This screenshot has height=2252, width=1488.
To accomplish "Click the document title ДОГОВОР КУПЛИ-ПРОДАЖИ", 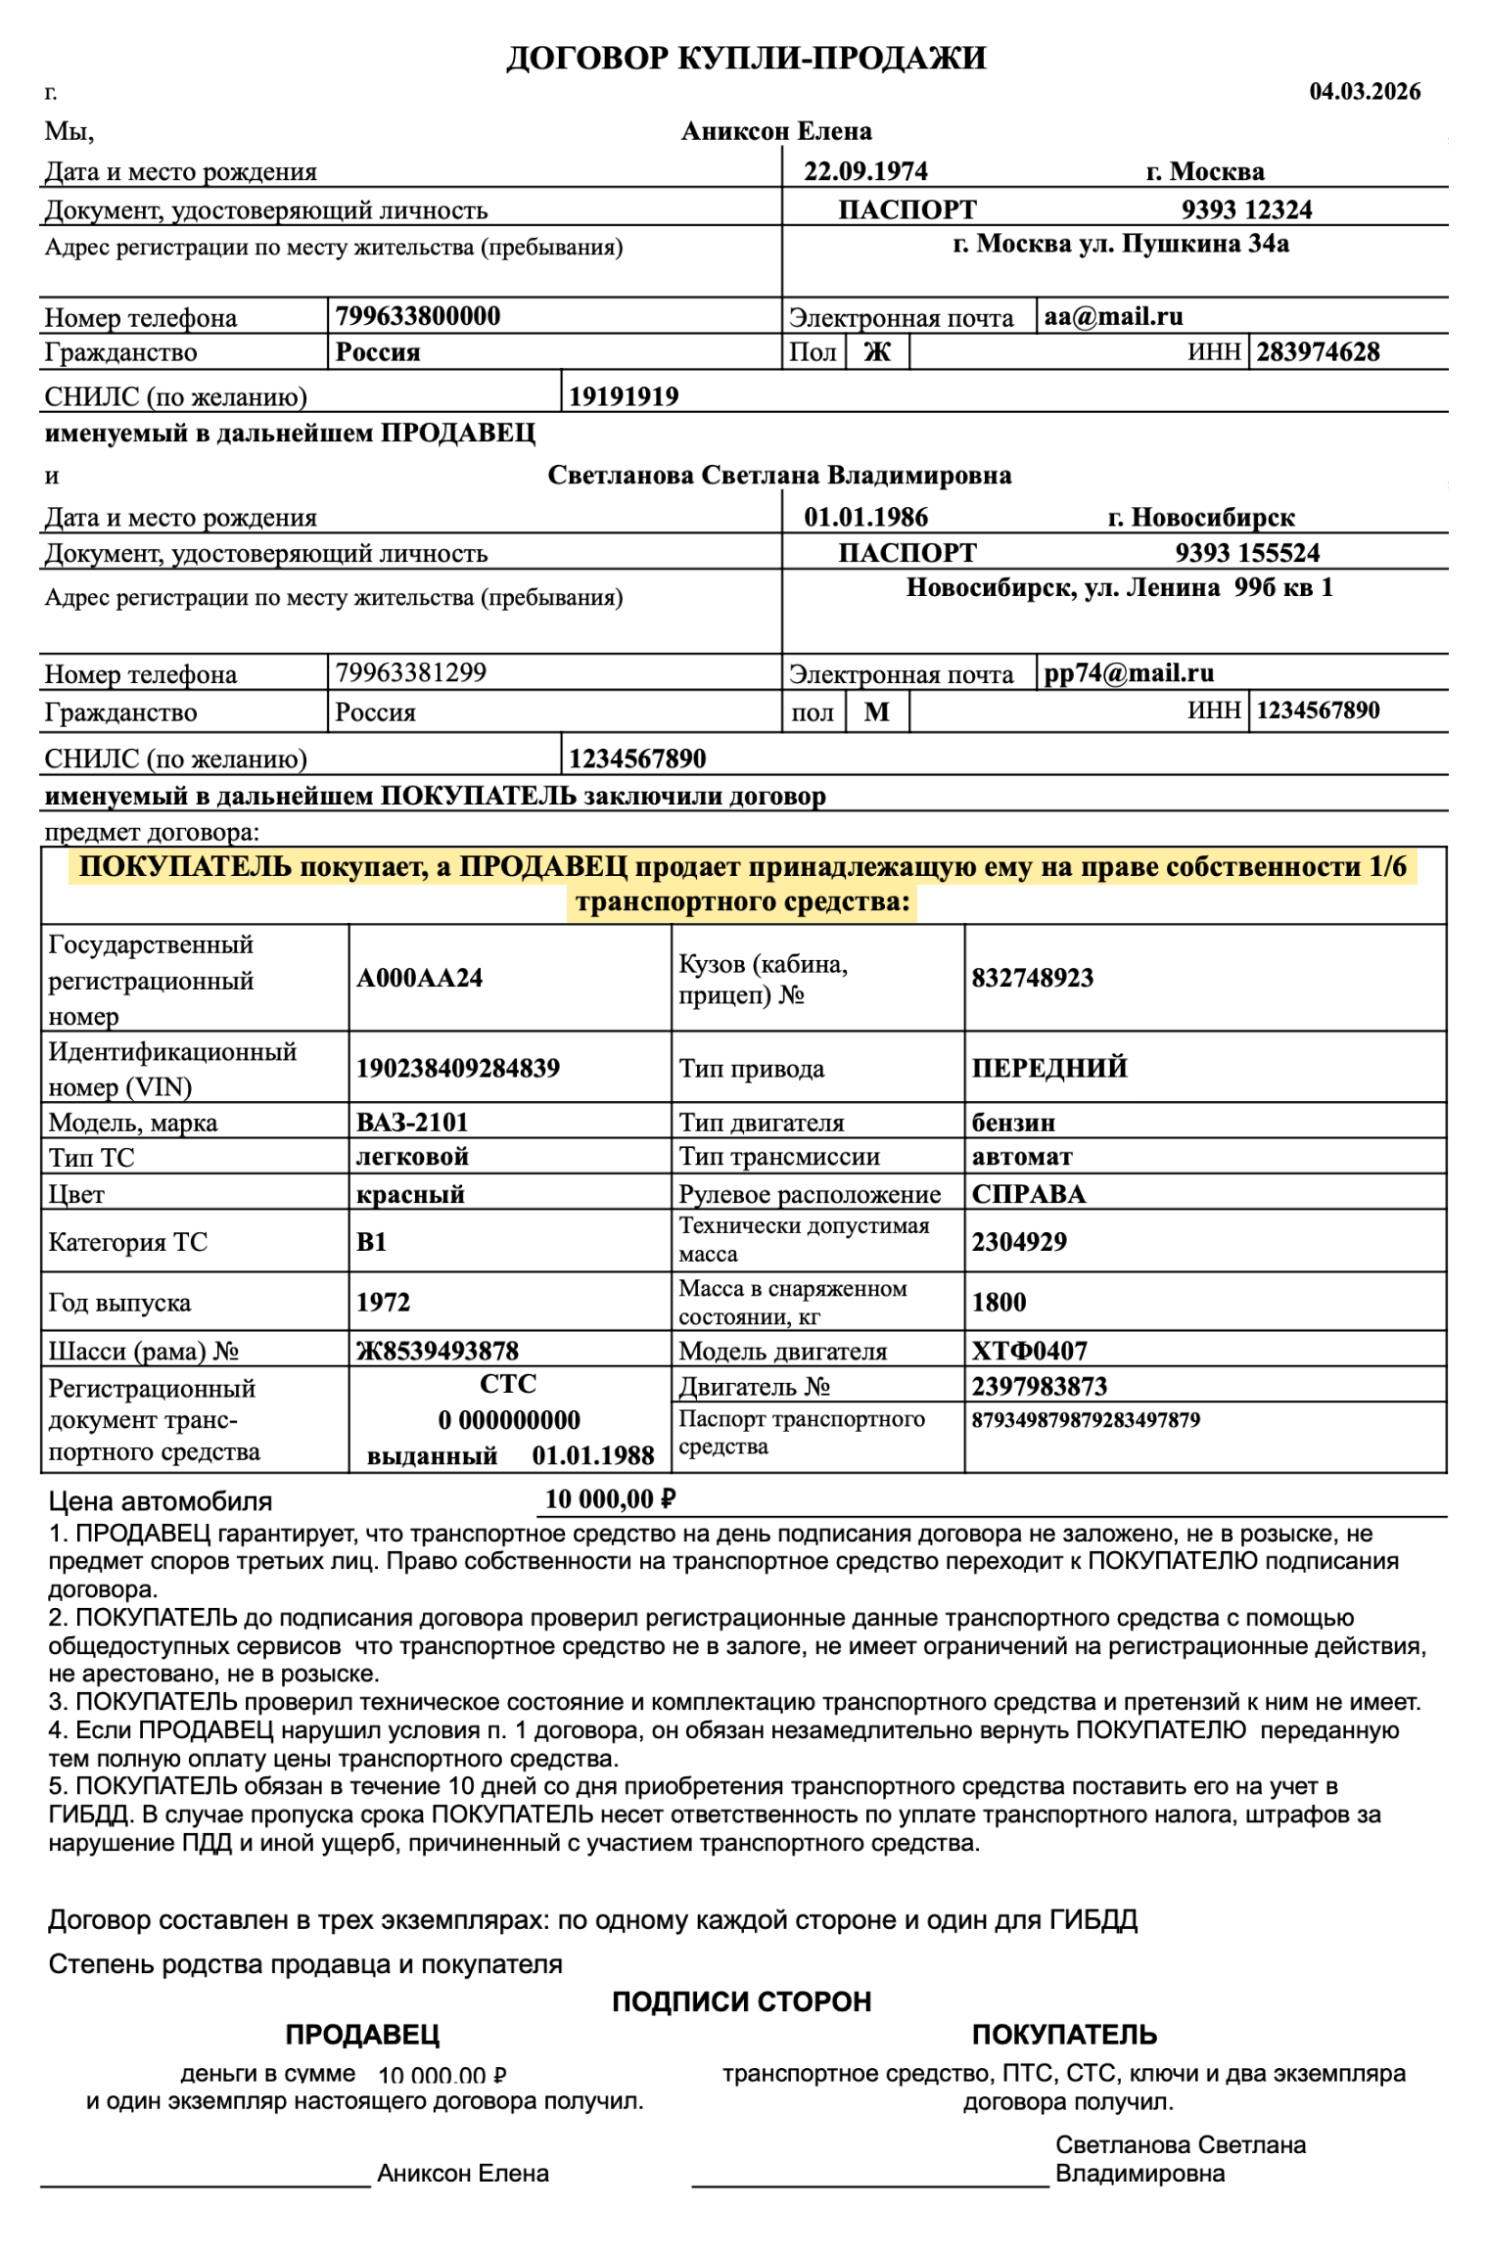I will pos(745,59).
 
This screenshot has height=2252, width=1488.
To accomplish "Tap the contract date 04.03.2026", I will pos(1364,91).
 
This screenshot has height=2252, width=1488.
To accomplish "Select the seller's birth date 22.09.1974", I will pos(865,171).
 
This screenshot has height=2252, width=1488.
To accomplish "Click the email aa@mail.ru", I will pos(1113,316).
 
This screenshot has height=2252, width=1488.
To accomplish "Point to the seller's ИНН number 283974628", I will pos(1317,351).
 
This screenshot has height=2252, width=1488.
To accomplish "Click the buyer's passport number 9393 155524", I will pos(1246,553).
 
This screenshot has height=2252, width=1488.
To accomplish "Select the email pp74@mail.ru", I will pos(1128,672).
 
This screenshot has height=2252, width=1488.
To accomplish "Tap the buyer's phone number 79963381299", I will pos(410,672).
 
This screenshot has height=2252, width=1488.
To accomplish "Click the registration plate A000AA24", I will pos(419,978).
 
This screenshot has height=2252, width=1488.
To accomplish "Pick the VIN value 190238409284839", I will pos(457,1068).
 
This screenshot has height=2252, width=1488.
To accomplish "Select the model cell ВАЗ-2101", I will pos(412,1122).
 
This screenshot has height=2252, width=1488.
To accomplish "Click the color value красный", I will pos(410,1194).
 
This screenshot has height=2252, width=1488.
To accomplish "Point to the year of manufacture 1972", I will pos(383,1302).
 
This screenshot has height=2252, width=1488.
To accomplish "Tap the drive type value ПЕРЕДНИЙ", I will pos(1048,1068).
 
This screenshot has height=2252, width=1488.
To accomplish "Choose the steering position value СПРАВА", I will pos(1028,1194).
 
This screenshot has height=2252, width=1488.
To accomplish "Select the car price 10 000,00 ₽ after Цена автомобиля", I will pos(610,1499).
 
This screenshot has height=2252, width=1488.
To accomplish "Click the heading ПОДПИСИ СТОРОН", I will pos(741,2001).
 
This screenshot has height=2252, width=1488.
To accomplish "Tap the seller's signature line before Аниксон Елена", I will pos(206,2183).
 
